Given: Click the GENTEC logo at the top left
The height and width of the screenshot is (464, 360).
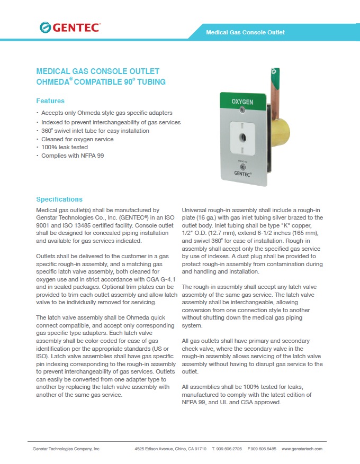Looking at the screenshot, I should [69, 28].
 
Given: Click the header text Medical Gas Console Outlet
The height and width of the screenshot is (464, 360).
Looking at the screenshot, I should [245, 32].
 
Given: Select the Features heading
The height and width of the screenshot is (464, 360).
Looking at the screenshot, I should [50, 101].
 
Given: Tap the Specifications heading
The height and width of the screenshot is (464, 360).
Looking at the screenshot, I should [59, 199].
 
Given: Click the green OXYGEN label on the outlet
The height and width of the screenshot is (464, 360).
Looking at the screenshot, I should [242, 101].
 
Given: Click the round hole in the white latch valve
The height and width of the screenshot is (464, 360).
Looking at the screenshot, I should [242, 137].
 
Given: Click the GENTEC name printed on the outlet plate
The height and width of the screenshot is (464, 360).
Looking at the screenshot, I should [243, 172].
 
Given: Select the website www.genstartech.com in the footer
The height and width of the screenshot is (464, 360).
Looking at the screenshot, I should [302, 449].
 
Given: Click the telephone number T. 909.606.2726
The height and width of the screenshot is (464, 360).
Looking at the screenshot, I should [227, 449].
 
